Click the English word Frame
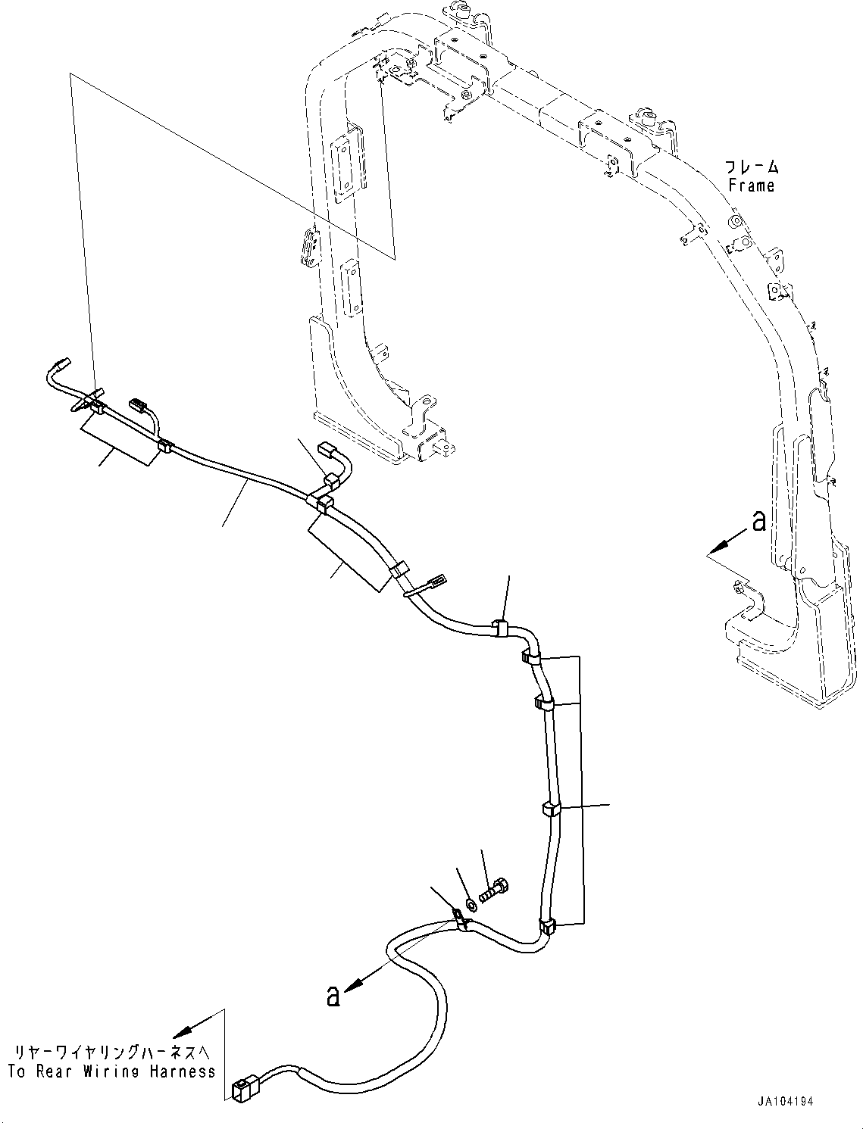click(x=751, y=186)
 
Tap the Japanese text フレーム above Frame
click(x=751, y=167)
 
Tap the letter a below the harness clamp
click(x=333, y=996)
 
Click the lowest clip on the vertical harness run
click(x=548, y=925)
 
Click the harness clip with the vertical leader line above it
click(x=501, y=627)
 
